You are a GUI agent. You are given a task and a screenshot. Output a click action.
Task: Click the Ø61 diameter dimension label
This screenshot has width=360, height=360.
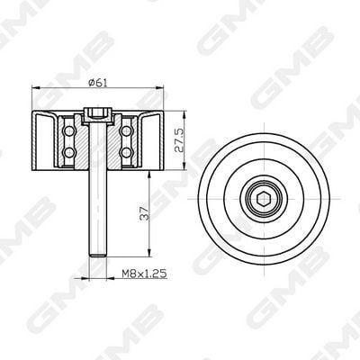[98, 83]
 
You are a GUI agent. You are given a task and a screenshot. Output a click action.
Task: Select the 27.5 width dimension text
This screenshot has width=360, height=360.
[179, 141]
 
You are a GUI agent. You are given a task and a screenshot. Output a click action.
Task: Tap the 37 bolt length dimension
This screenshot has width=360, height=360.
[145, 212]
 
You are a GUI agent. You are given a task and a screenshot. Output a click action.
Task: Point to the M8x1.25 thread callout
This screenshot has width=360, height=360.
[144, 274]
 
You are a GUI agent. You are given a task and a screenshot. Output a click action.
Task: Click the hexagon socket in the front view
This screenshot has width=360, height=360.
[264, 199]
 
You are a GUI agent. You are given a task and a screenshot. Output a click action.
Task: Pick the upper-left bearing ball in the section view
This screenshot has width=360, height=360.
[70, 130]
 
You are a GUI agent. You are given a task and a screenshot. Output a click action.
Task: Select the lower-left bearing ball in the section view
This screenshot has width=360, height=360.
[70, 152]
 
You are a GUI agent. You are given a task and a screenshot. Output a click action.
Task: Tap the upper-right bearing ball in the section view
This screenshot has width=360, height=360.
[126, 130]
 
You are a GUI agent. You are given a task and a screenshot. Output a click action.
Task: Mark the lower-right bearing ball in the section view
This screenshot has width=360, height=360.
[126, 152]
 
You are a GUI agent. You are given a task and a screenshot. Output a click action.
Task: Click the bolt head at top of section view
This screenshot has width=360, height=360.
[98, 116]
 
